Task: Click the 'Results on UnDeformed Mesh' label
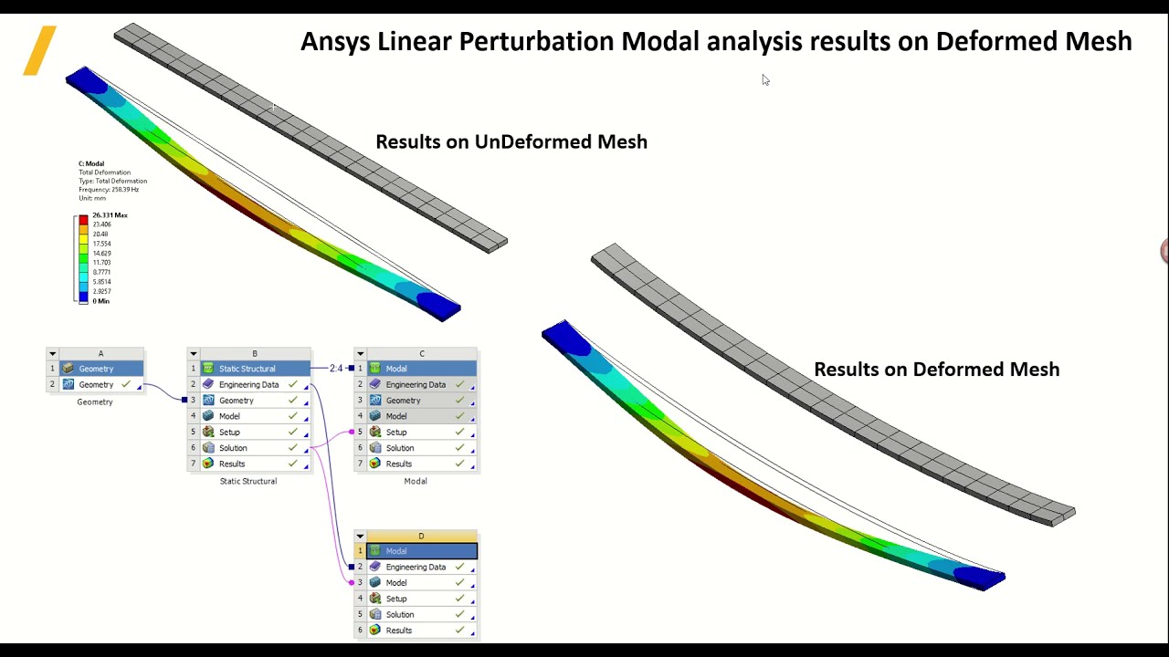[x=511, y=141]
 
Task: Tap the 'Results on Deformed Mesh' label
[x=936, y=369]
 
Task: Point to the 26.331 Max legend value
[x=110, y=215]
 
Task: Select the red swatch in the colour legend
[x=83, y=220]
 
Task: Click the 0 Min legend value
[x=100, y=301]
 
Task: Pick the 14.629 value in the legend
[x=101, y=253]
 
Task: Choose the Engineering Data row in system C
[x=416, y=384]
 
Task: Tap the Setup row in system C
[x=396, y=432]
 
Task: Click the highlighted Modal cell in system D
[x=421, y=551]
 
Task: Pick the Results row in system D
[x=399, y=631]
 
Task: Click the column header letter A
[x=100, y=354]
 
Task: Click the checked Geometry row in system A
[x=96, y=384]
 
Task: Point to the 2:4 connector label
[x=336, y=369]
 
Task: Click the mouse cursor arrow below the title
[x=764, y=79]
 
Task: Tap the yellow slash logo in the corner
[x=40, y=50]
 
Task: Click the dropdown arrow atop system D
[x=360, y=537]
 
